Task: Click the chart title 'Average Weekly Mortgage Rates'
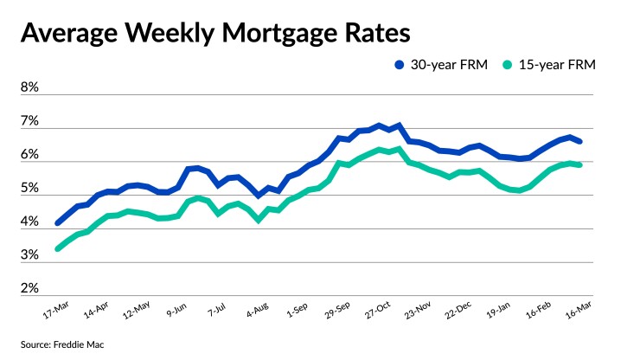214,34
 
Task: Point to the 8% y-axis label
29,88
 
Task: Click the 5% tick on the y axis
29,189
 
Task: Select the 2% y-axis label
29,288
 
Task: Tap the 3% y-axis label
29,256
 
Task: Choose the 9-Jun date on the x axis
176,309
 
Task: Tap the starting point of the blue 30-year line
58,223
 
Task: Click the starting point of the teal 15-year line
58,248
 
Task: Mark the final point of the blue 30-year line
579,141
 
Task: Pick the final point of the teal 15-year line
579,164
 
